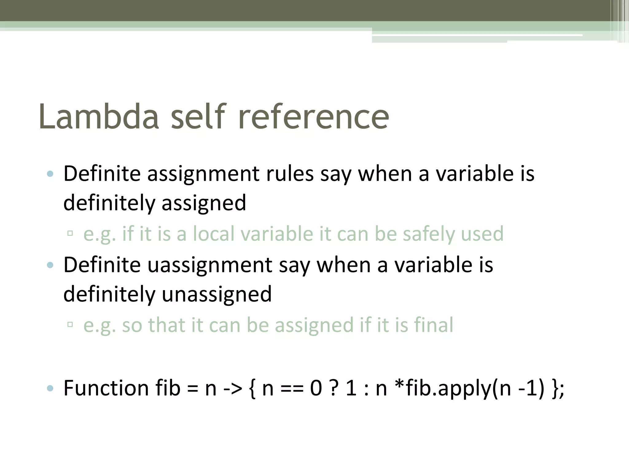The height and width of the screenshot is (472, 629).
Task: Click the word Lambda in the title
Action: click(x=99, y=117)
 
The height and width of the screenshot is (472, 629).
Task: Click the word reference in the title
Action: click(x=313, y=117)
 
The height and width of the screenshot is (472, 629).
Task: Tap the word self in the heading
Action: click(x=198, y=117)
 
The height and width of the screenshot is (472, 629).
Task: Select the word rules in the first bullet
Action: click(x=290, y=174)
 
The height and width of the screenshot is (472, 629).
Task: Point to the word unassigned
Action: click(x=217, y=294)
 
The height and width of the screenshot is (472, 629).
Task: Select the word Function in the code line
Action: click(x=106, y=388)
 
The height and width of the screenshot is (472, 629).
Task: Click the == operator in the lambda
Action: click(x=292, y=388)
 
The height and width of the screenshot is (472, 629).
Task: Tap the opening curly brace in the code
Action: click(x=252, y=388)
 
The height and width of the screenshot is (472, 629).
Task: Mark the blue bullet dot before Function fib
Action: click(x=50, y=389)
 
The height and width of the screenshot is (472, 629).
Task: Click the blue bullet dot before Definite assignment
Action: click(x=50, y=174)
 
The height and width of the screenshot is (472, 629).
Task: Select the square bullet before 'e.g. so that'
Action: click(x=70, y=324)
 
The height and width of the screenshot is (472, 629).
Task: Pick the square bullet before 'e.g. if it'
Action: click(x=70, y=233)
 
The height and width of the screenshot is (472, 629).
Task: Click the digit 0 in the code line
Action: click(x=316, y=388)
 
